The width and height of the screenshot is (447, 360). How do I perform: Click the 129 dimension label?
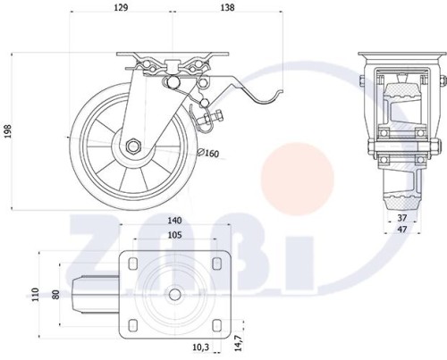coord(121,7)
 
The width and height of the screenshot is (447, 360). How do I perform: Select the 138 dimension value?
coord(227,7)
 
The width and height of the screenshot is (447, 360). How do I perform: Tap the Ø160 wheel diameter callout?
coord(208,153)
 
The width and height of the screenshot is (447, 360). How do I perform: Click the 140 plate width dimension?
coord(174,221)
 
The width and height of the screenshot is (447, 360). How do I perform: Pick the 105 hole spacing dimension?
coord(174,235)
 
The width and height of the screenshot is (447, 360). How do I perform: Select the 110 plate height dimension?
coord(36,295)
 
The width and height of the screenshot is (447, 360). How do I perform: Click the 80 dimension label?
coord(55,295)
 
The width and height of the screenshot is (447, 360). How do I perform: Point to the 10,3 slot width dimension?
coord(201,347)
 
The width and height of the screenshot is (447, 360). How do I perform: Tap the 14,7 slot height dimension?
coord(239,343)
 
